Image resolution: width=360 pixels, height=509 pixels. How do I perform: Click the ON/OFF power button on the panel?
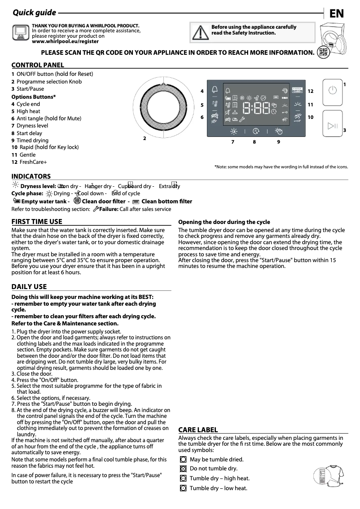point(332,90)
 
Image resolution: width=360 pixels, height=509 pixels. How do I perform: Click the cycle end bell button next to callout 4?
point(215,89)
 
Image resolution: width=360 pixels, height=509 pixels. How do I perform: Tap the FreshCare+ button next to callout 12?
point(298,90)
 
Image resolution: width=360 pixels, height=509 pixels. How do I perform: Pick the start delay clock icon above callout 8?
point(256,131)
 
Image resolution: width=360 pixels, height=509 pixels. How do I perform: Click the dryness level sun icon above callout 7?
point(233,131)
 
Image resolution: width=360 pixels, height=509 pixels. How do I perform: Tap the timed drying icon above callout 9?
point(279,131)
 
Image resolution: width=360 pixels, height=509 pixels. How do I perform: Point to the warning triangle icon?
point(198,32)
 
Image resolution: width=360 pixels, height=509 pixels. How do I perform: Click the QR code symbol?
point(322,52)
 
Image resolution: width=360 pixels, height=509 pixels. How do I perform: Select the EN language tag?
point(337,13)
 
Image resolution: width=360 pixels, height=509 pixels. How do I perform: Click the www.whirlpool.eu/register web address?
point(65,41)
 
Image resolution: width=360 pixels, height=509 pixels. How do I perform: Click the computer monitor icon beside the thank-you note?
point(20,31)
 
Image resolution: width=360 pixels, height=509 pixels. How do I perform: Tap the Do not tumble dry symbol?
point(183,469)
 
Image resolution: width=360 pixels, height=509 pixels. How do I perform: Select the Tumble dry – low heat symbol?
point(183,488)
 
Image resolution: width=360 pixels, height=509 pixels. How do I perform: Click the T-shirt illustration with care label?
point(330,476)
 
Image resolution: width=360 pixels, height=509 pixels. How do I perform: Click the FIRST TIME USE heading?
point(37,222)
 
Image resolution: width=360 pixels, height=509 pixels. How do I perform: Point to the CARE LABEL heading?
point(198,430)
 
